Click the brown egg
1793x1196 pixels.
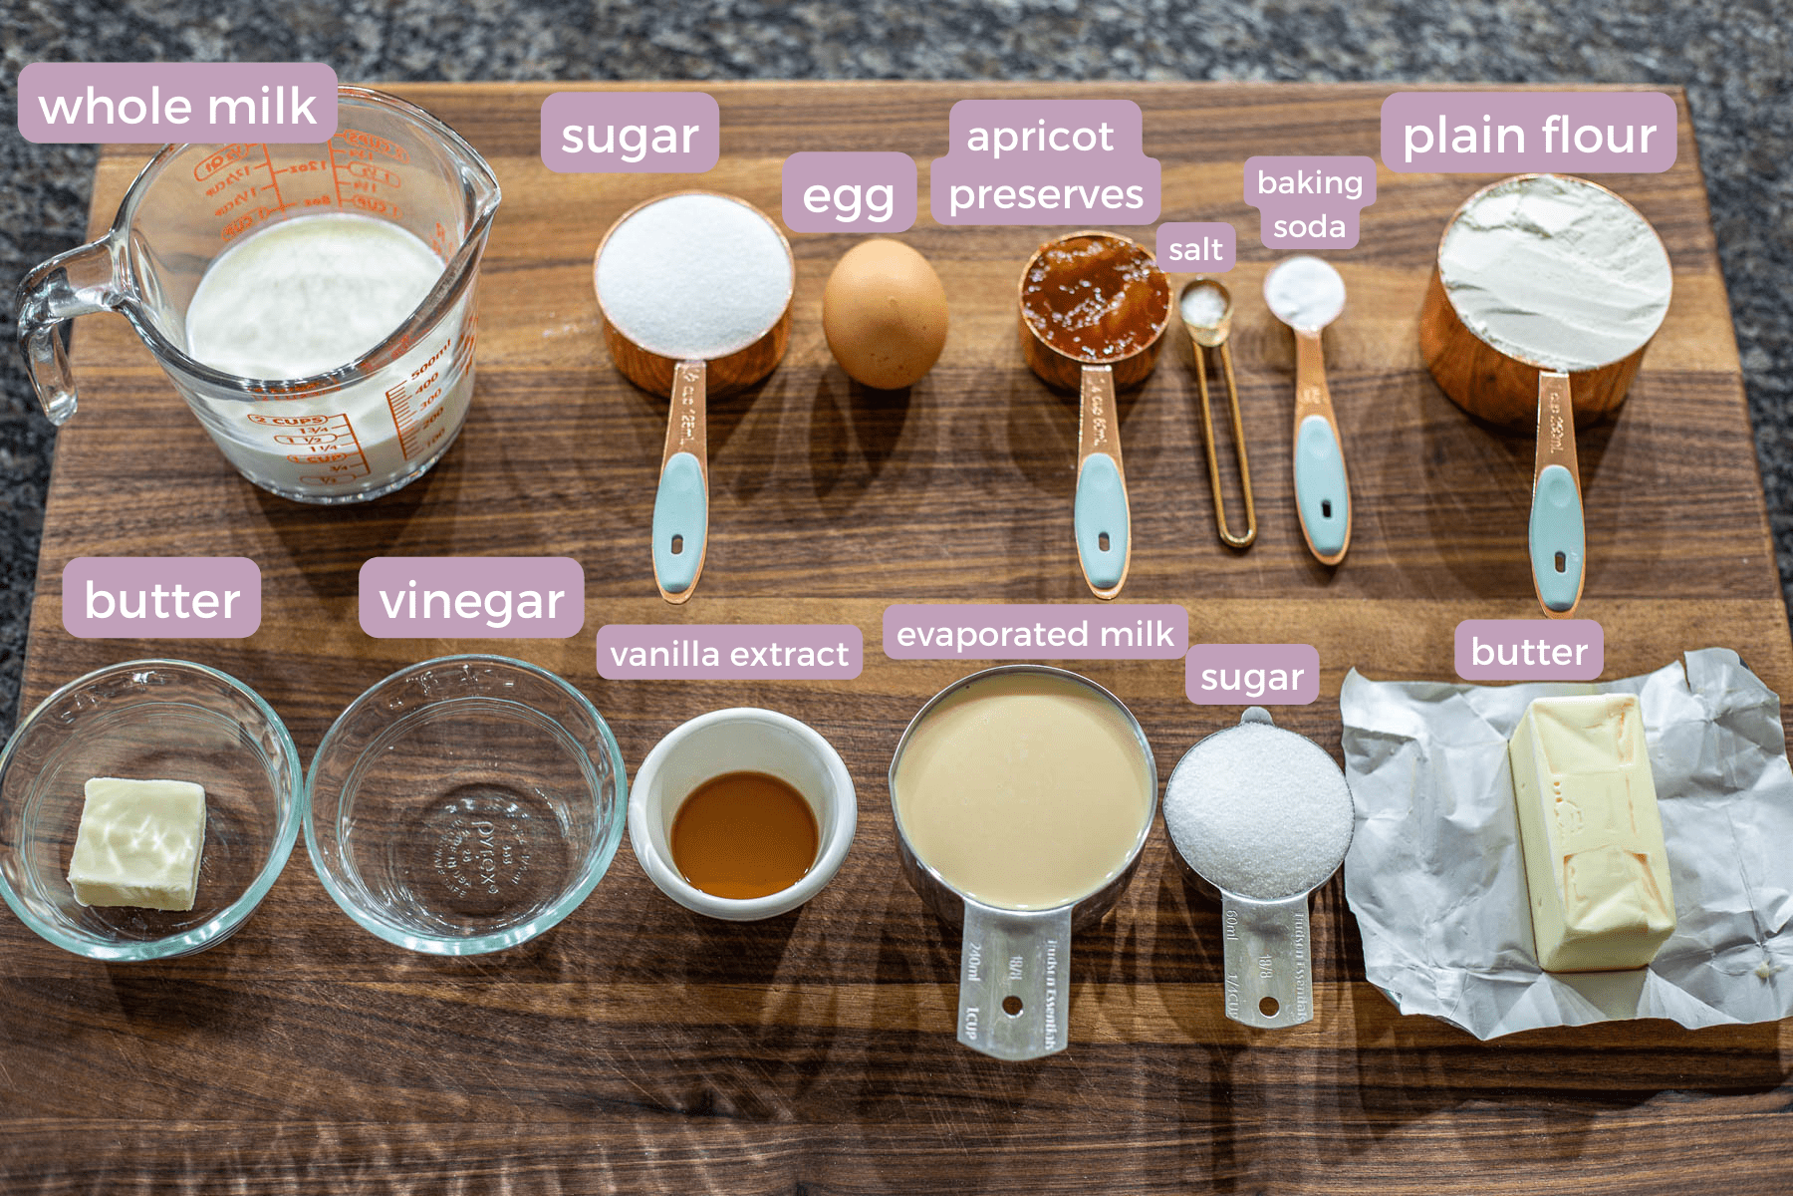(885, 313)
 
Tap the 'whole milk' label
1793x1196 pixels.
(177, 105)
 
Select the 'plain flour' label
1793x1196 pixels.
(1528, 134)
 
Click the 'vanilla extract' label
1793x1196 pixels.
(729, 653)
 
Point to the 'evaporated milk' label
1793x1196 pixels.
(1034, 633)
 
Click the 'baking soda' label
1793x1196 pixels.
(1309, 204)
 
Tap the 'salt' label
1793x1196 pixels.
(1195, 248)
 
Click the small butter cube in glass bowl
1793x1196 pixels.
(138, 843)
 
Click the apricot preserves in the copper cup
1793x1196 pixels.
(1094, 294)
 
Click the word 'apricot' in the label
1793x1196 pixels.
(1040, 136)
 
